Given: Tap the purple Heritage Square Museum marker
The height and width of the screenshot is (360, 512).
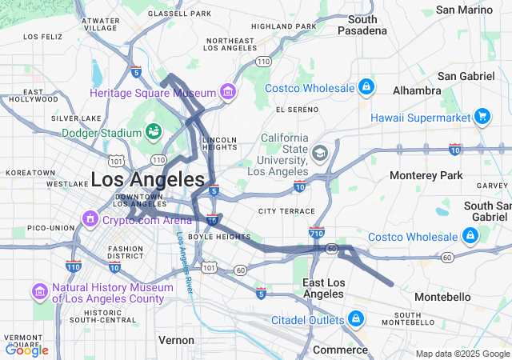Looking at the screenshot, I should pos(229,94).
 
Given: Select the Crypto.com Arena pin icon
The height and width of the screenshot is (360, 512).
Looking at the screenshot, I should pos(88,218).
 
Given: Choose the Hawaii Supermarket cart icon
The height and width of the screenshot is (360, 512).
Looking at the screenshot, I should pos(482,118).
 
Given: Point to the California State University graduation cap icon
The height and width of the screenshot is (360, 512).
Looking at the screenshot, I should pos(320,153).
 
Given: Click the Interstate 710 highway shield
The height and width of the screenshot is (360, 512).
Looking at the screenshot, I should pos(315,233).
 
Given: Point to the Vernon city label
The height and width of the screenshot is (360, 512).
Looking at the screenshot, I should pos(176,340).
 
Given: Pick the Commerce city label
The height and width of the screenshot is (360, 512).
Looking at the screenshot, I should pos(339,350).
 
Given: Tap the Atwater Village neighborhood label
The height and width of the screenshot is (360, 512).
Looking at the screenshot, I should pos(102,23).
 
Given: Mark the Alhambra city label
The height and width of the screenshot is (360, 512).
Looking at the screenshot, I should pos(416,90).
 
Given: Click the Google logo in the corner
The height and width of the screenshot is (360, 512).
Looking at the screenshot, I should pos(26,350).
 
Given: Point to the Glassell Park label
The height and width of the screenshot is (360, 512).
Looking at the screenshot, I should pos(179,14).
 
